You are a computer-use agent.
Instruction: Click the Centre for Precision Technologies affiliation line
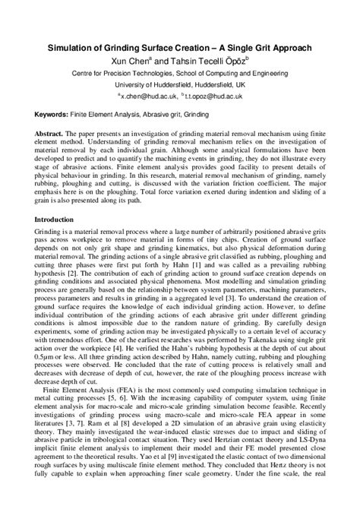179,74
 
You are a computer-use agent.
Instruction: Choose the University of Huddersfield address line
179,86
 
